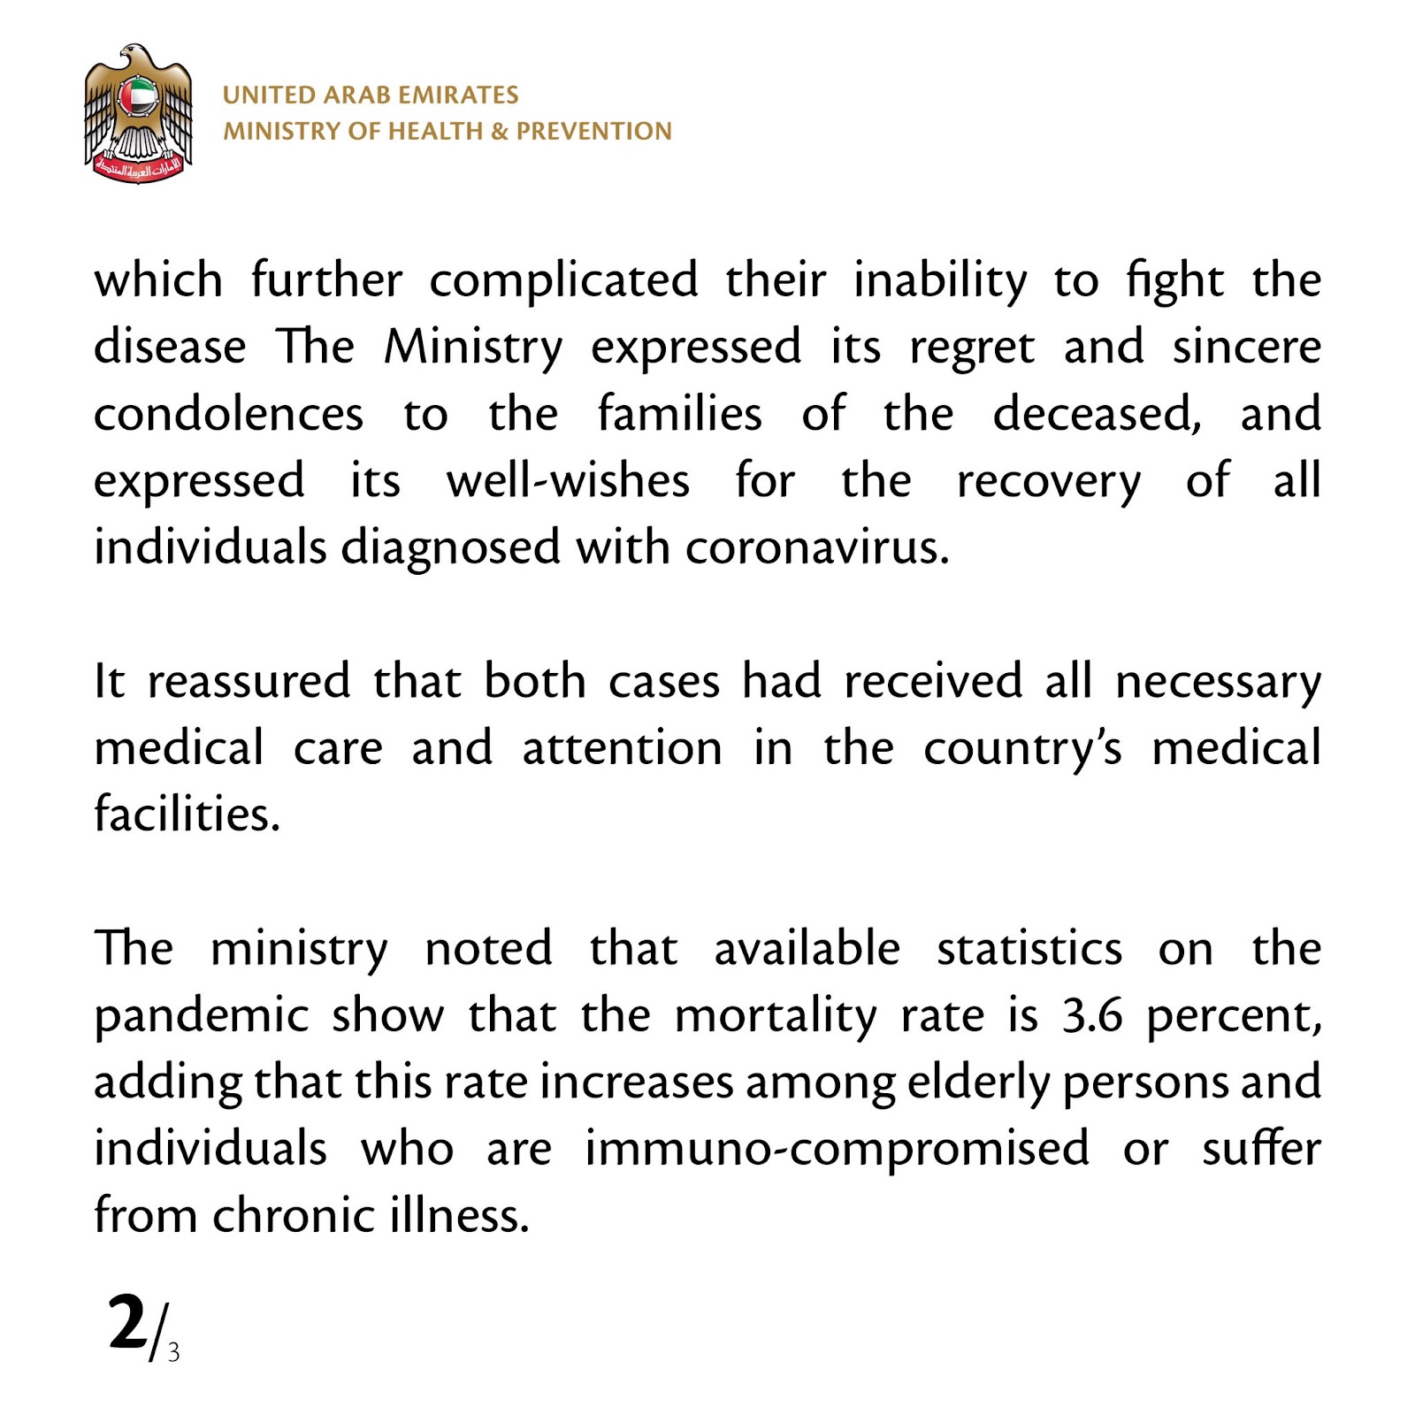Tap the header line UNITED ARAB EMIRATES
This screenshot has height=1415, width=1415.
(371, 96)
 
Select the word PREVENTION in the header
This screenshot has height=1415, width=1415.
(593, 132)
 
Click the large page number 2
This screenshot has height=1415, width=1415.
(127, 1324)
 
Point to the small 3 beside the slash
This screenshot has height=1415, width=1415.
(173, 1353)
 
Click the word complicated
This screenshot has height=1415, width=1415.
(563, 280)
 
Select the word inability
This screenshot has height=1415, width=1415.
(940, 280)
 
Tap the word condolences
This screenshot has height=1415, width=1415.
(228, 414)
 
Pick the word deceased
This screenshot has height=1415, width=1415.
(1097, 414)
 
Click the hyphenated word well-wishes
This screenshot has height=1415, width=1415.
(568, 481)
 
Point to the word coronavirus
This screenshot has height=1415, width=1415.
(816, 547)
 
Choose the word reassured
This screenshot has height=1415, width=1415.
(249, 681)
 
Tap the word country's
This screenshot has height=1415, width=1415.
(1022, 748)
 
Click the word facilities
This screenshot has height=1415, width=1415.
(187, 815)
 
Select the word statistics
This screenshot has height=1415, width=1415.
(1029, 949)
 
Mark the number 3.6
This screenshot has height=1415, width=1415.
(1092, 1015)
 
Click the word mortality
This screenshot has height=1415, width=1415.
(775, 1015)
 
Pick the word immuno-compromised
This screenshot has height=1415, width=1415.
(837, 1149)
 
